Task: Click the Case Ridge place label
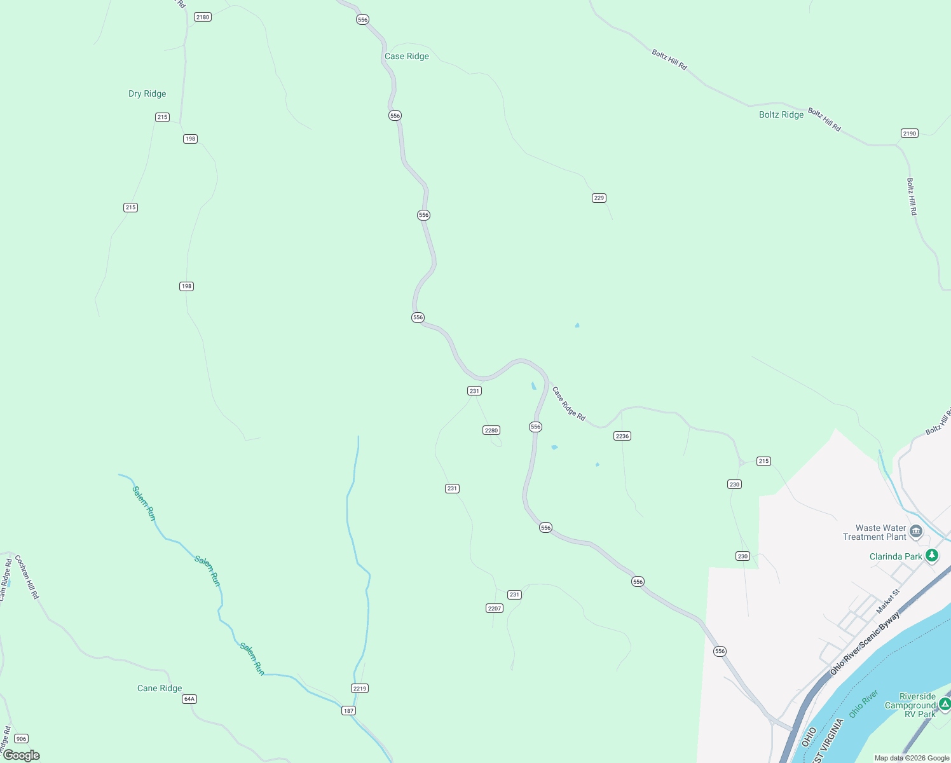pos(407,56)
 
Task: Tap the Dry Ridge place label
pos(147,93)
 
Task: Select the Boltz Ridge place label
pos(781,114)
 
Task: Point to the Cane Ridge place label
pos(160,688)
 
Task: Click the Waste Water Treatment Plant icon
pos(916,532)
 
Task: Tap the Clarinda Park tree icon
pos(932,556)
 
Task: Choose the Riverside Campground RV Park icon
pos(945,704)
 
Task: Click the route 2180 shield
pos(203,17)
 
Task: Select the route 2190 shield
pos(909,133)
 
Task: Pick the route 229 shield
pos(599,198)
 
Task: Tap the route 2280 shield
pos(491,430)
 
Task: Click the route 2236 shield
pos(622,436)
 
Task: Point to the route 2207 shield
pos(495,608)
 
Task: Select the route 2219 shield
pos(360,688)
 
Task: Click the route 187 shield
pos(348,710)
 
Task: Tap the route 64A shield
pos(189,699)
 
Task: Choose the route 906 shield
pos(21,738)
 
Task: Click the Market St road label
pos(888,601)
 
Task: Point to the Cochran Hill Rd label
pos(27,577)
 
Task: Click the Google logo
pos(22,755)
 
